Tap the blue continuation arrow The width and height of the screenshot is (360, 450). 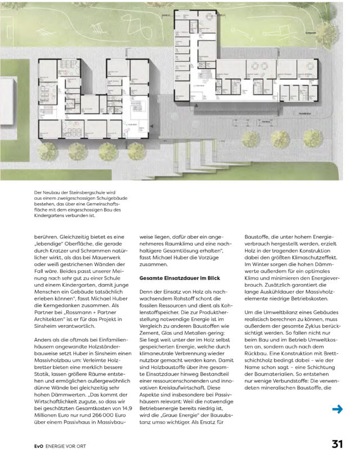(337, 409)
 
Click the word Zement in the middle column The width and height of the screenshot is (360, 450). (151, 326)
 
